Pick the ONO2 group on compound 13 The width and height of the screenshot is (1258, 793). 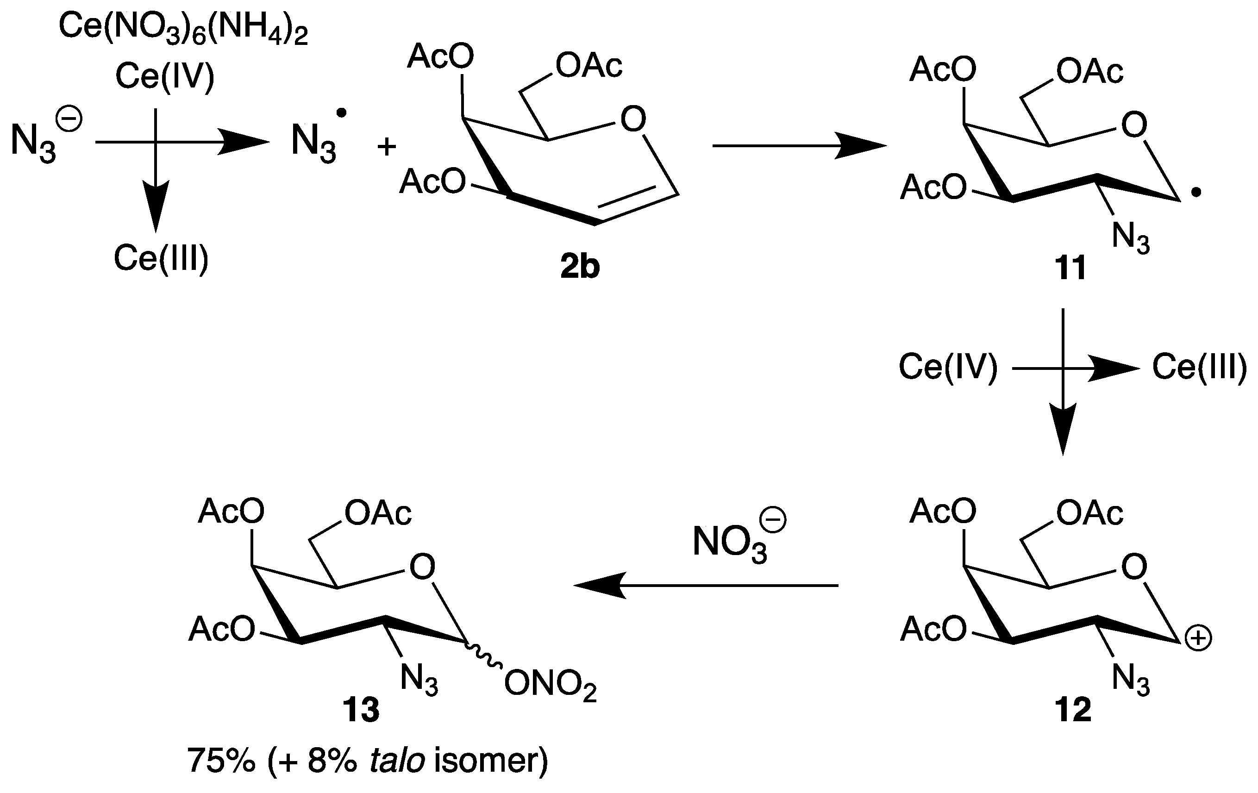pos(550,684)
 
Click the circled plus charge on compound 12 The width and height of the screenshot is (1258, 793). pos(1198,638)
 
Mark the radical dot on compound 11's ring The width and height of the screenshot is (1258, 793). pos(1195,194)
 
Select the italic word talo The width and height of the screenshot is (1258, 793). pos(397,761)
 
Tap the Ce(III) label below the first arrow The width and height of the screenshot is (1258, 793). pos(161,258)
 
